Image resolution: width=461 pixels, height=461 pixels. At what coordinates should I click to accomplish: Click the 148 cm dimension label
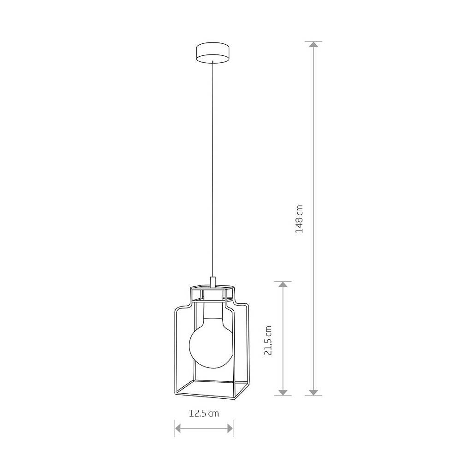tap(299, 219)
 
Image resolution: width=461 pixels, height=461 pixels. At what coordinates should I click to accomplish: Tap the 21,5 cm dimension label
tap(268, 341)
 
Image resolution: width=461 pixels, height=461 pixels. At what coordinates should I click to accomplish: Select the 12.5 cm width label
tap(204, 414)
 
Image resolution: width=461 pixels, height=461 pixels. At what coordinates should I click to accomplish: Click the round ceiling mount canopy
tap(213, 53)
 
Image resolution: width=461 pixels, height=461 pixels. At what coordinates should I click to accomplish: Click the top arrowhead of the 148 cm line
tap(313, 45)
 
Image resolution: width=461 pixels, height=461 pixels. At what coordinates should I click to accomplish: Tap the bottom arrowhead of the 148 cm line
tap(313, 392)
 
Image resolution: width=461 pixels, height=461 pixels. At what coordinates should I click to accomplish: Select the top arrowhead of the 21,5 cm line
tap(283, 284)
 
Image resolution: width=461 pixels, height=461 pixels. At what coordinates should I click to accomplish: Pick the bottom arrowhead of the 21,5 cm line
tap(283, 392)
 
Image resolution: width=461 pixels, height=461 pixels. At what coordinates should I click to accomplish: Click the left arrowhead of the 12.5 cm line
tap(178, 428)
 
